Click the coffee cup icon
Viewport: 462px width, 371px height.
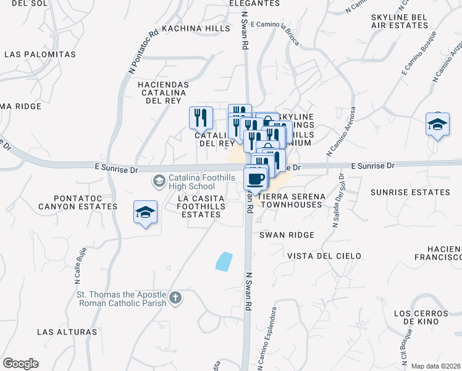pos(256,179)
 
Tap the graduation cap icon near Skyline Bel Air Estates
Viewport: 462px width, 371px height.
pos(437,125)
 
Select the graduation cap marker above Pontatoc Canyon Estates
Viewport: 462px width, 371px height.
pos(146,213)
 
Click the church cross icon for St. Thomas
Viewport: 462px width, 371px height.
pos(175,298)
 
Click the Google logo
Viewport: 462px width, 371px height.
pos(20,364)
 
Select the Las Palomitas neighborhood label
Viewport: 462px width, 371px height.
pos(40,54)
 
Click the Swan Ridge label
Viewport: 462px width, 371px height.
pos(287,235)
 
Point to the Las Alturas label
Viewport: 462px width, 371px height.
pos(67,332)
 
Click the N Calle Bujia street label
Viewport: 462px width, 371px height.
pos(80,262)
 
